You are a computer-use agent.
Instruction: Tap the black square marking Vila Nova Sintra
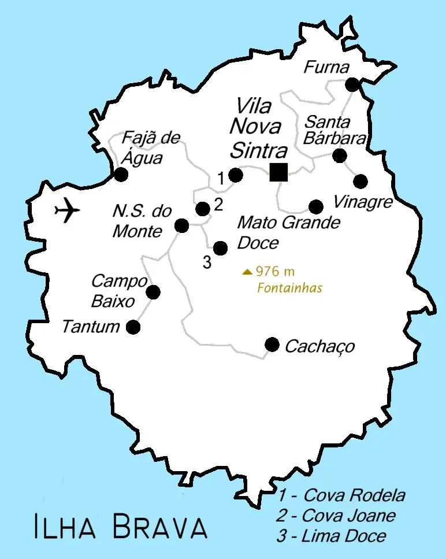coord(278,172)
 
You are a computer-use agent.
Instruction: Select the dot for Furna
coord(352,85)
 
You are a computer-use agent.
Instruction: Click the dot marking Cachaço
coord(272,345)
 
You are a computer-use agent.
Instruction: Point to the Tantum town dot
coord(133,327)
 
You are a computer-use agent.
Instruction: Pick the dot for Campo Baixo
coord(153,293)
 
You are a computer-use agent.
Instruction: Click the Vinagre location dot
coord(360,182)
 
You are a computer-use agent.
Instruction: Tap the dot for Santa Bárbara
coord(340,156)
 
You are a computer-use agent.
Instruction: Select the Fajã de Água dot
coord(121,175)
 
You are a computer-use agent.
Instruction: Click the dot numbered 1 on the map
coord(235,175)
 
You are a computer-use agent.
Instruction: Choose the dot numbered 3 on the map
coord(220,248)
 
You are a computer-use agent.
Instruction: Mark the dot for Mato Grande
coord(316,206)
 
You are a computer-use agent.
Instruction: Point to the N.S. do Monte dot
coord(182,225)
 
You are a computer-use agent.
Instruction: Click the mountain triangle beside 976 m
coord(247,271)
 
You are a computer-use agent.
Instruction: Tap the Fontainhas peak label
coord(290,288)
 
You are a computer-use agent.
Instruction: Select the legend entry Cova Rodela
coord(341,495)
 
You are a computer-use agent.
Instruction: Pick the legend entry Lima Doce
coord(331,536)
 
